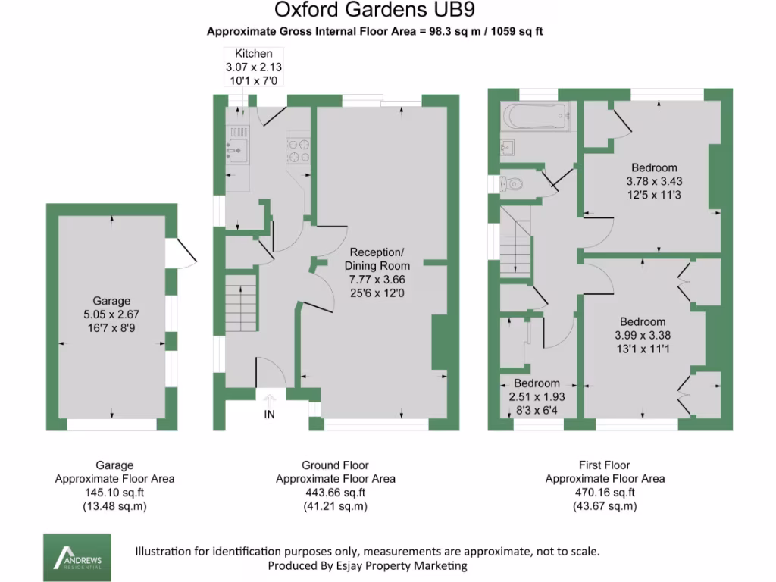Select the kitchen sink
pos(238,149)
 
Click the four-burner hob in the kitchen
pos(298,148)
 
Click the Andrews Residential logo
pos(77,557)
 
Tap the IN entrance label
pos(270,415)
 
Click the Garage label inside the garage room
pos(111,300)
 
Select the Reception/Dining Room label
pos(377,258)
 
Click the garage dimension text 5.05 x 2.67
pos(111,314)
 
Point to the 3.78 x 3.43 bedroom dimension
pos(655,181)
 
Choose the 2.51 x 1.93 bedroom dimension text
pos(537,396)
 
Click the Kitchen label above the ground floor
pos(253,53)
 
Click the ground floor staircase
pos(242,299)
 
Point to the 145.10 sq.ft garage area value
pos(114,493)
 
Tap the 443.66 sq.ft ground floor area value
pos(335,493)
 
